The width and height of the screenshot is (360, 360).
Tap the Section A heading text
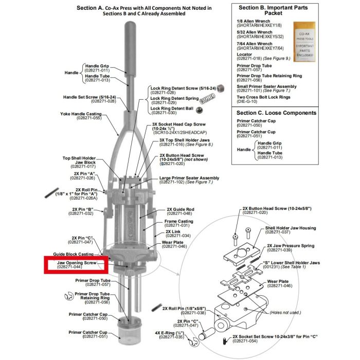tap(143, 11)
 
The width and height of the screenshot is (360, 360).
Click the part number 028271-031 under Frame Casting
tap(176, 225)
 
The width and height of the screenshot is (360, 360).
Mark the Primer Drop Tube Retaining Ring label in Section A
tap(92, 297)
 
